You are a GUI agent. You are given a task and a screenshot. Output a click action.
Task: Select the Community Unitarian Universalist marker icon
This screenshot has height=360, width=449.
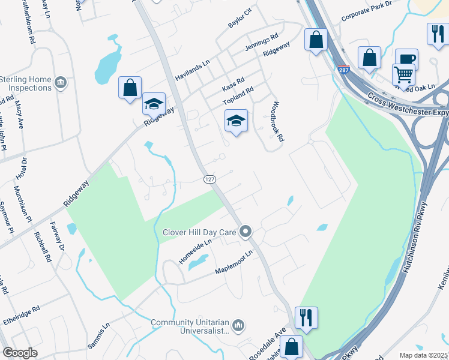pos(239,325)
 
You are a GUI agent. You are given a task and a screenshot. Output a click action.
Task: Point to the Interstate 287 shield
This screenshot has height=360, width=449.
pos(343,70)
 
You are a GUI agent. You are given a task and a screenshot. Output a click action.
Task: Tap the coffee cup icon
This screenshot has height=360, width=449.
pos(406,59)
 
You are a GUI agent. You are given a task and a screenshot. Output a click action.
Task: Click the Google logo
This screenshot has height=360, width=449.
pos(20,353)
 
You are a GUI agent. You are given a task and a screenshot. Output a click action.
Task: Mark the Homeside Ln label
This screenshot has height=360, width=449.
pos(195,252)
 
